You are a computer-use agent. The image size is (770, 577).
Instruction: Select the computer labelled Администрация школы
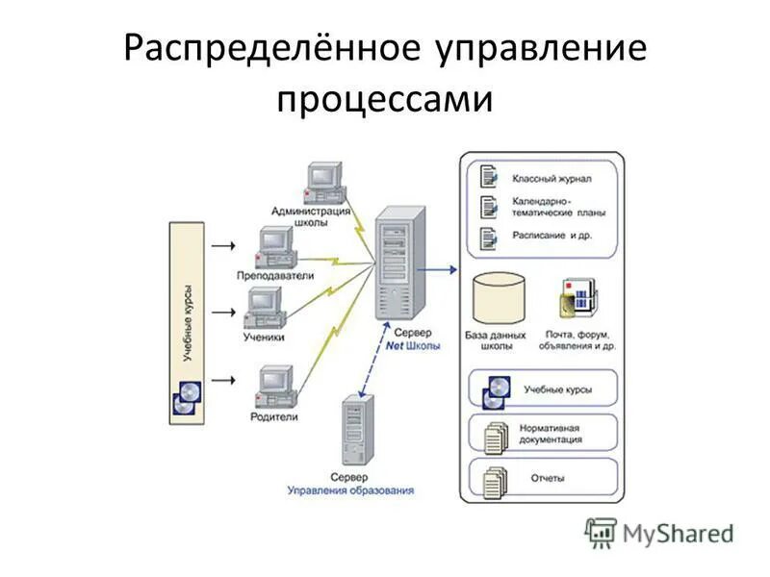pyautogui.click(x=323, y=181)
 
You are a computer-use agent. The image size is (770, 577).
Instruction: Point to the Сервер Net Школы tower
pyautogui.click(x=398, y=263)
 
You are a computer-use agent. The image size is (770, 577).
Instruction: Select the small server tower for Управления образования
pyautogui.click(x=355, y=430)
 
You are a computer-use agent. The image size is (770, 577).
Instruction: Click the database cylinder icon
pyautogui.click(x=501, y=299)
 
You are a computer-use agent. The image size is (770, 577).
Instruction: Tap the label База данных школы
pyautogui.click(x=501, y=340)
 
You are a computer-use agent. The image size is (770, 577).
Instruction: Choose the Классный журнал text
pyautogui.click(x=552, y=179)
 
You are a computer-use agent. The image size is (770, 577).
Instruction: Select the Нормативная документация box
pyautogui.click(x=542, y=433)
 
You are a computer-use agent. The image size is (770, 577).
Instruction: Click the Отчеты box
pyautogui.click(x=542, y=477)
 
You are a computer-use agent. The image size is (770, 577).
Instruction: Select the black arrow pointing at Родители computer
pyautogui.click(x=223, y=380)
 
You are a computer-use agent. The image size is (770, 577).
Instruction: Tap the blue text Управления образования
pyautogui.click(x=350, y=489)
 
